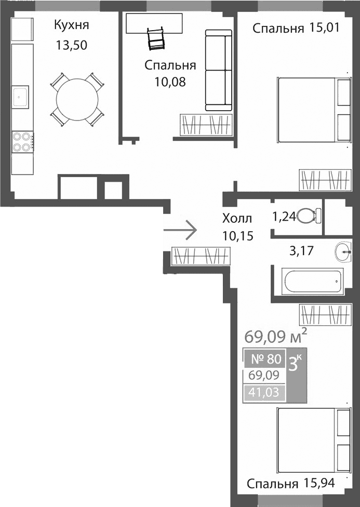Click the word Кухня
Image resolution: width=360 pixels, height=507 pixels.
tap(71, 25)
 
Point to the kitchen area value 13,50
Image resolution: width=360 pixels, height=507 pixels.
tap(71, 45)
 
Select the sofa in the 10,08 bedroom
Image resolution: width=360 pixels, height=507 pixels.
tap(218, 70)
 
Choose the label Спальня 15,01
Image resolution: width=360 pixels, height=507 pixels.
tap(296, 28)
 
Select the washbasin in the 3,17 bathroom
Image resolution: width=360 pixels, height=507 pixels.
tap(344, 252)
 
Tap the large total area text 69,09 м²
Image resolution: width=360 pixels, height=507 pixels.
tap(275, 336)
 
